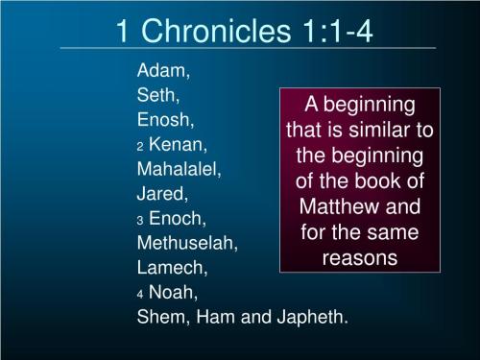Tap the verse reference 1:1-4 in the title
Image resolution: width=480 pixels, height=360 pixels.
(334, 31)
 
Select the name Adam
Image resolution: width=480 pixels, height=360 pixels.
(163, 71)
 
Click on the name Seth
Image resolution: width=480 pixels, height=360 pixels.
(158, 96)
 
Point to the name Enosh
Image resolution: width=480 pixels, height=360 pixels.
(166, 120)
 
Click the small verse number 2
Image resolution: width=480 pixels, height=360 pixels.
(140, 147)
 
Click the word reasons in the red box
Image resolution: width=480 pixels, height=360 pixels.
(360, 257)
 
